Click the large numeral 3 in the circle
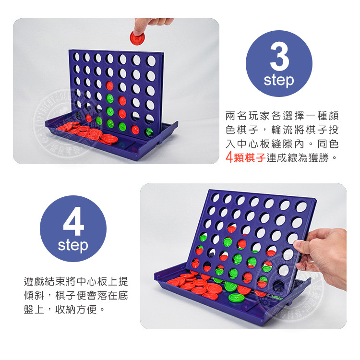pyautogui.click(x=279, y=56)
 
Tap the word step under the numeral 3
pyautogui.click(x=279, y=80)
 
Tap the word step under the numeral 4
pyautogui.click(x=73, y=245)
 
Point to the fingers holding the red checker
pyautogui.click(x=149, y=25)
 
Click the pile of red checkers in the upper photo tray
pyautogui.click(x=86, y=132)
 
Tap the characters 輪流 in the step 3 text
pyautogui.click(x=273, y=130)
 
